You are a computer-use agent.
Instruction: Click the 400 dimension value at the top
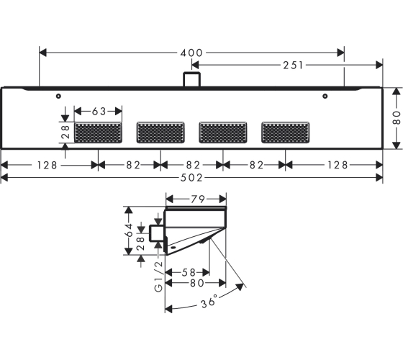click(x=191, y=53)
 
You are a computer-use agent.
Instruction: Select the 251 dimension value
click(x=294, y=66)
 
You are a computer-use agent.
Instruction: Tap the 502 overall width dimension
click(x=191, y=178)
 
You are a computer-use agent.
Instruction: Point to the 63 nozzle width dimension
click(x=99, y=112)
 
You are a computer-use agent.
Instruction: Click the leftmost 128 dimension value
click(x=47, y=165)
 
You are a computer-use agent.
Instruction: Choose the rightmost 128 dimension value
click(x=338, y=165)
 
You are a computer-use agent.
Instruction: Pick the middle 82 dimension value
click(x=193, y=165)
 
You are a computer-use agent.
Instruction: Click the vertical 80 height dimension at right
click(x=397, y=118)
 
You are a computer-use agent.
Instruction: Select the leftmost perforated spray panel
click(x=98, y=132)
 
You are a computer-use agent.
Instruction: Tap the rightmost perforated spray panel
click(x=285, y=132)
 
